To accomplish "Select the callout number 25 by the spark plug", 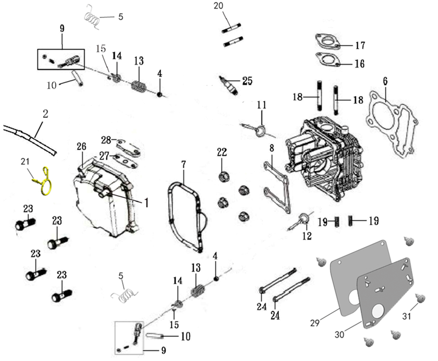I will pyautogui.click(x=247, y=80).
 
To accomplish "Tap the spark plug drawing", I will pyautogui.click(x=228, y=85).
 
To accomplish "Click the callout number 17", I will pyautogui.click(x=360, y=46).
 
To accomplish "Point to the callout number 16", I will pyautogui.click(x=359, y=64).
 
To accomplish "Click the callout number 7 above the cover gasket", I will pyautogui.click(x=183, y=163).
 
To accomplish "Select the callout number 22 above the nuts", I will pyautogui.click(x=221, y=152).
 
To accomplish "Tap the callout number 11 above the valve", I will pyautogui.click(x=262, y=105).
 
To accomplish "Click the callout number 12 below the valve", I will pyautogui.click(x=307, y=236).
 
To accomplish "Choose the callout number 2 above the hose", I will pyautogui.click(x=45, y=114).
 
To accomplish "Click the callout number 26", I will pyautogui.click(x=81, y=147).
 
